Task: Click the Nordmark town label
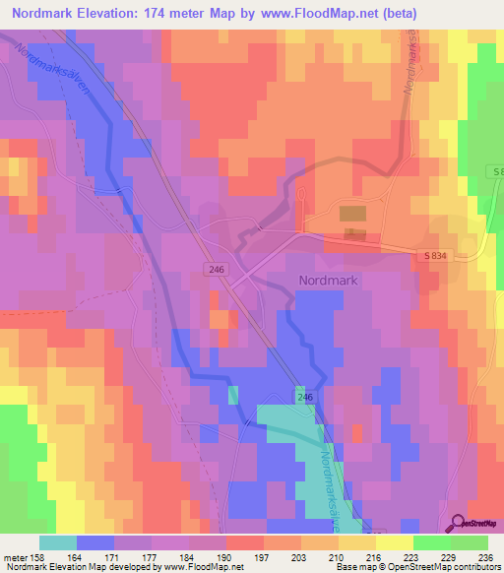pos(330,280)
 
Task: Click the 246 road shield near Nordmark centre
pos(216,269)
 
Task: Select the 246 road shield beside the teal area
pos(303,396)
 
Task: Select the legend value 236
pos(485,557)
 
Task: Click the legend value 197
pos(263,557)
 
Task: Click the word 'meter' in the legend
pos(14,557)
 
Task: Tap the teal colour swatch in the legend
pos(58,542)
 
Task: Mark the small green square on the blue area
pos(233,395)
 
